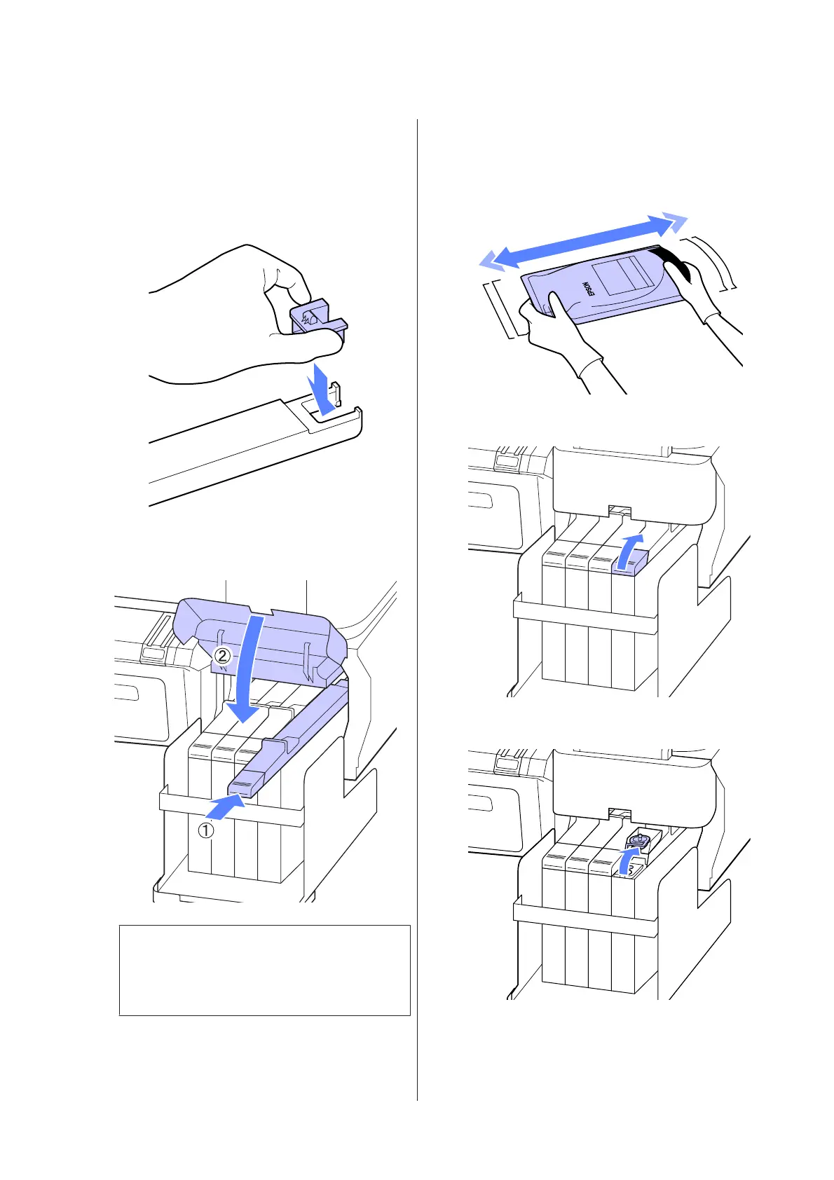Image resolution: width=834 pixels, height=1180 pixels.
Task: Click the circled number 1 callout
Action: click(205, 831)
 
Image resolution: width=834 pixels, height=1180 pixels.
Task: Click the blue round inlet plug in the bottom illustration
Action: click(638, 839)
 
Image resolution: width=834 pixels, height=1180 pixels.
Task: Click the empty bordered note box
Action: click(264, 970)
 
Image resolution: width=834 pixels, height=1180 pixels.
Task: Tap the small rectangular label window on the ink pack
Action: click(617, 274)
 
